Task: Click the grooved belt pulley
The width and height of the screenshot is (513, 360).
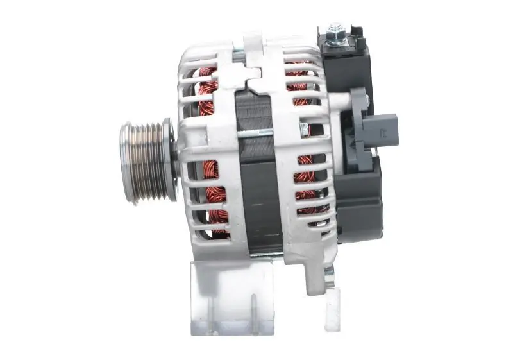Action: (146, 162)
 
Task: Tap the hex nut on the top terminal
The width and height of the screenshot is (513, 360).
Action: (335, 30)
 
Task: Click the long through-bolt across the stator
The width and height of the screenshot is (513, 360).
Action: (256, 133)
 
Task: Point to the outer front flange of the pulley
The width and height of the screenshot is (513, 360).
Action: (126, 163)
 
